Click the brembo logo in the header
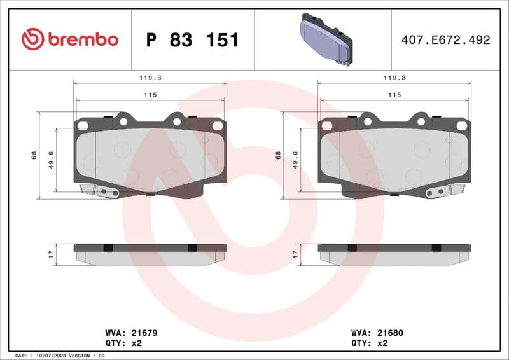(x=69, y=39)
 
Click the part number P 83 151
(x=192, y=40)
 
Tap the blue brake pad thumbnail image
(x=323, y=39)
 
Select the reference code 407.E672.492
(x=445, y=39)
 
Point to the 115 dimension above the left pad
(x=150, y=95)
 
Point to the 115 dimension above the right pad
(x=394, y=95)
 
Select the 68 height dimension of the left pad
(x=34, y=155)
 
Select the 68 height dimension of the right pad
(x=278, y=155)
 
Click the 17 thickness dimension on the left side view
(x=51, y=253)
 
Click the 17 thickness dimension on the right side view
(x=295, y=253)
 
